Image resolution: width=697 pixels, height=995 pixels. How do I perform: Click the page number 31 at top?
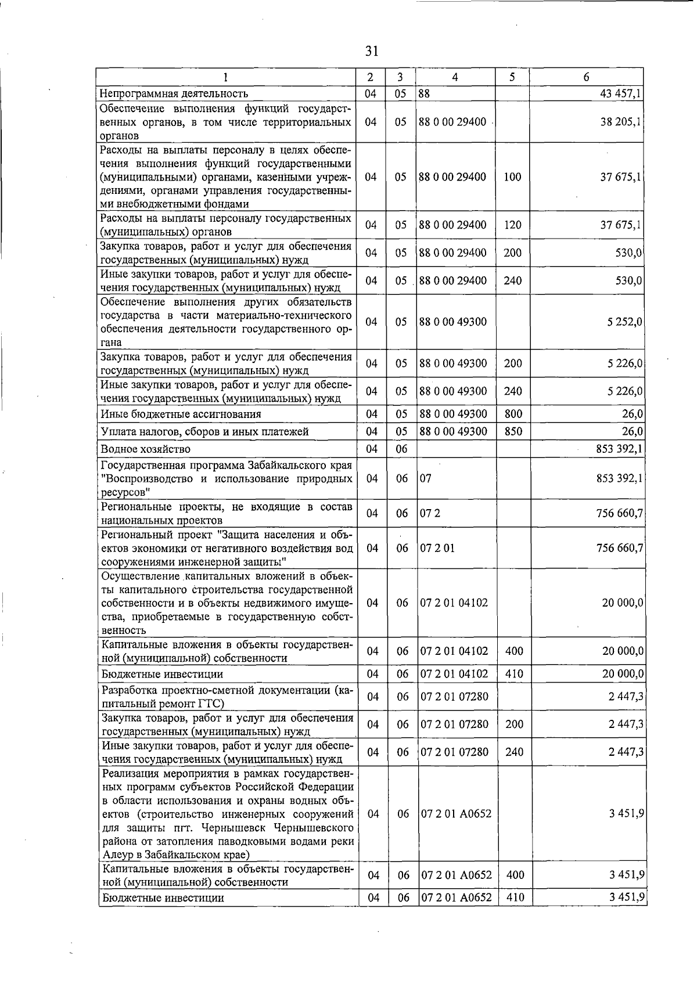tap(372, 51)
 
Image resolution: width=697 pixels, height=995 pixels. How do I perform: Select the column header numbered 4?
tap(455, 77)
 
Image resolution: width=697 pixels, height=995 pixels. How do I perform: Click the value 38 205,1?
tap(621, 122)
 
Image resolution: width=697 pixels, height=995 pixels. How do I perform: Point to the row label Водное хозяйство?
tap(145, 449)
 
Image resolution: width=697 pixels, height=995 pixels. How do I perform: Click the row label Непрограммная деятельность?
tap(174, 93)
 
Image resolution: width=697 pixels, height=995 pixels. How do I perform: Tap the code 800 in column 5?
tap(513, 414)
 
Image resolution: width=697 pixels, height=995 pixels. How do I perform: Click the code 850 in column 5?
tap(513, 431)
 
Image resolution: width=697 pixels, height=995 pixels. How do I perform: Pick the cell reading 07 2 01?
tap(437, 548)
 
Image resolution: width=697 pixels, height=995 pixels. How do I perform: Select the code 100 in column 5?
tap(512, 177)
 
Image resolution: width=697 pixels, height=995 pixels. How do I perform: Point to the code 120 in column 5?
tap(512, 225)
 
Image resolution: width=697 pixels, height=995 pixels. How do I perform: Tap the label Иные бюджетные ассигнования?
tap(181, 414)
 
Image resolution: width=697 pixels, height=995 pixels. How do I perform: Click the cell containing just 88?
tap(424, 93)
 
